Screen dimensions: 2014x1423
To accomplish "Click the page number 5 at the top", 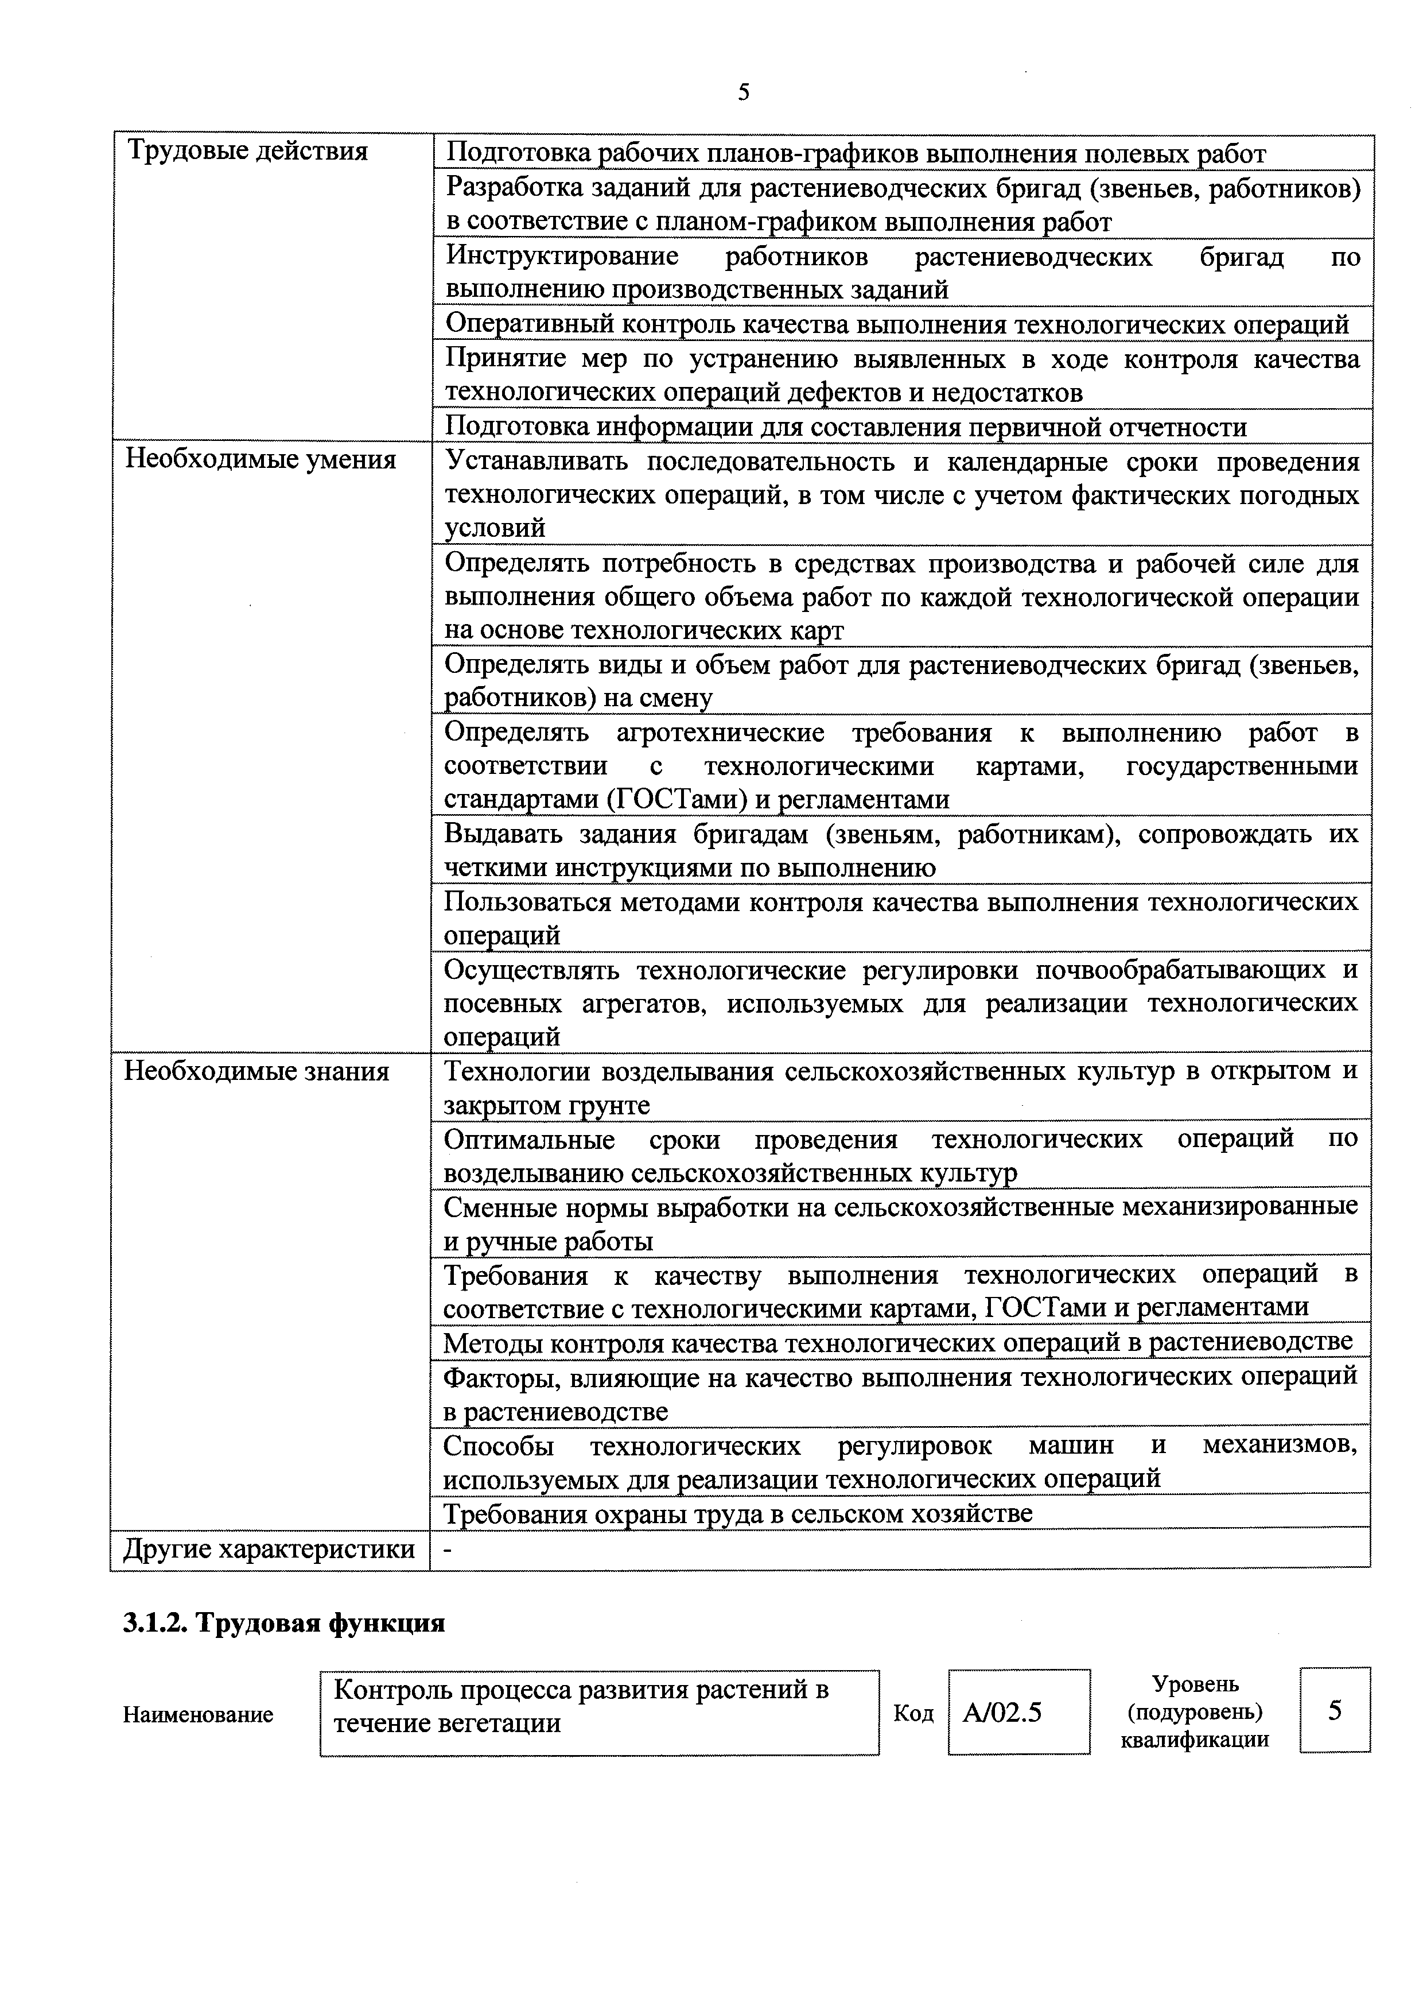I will click(744, 93).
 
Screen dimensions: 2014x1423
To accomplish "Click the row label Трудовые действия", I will click(248, 152).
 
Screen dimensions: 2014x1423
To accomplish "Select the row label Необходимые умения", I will click(261, 460).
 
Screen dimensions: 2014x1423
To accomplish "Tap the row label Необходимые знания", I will click(257, 1071).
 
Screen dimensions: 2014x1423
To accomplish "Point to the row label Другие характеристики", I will click(269, 1549).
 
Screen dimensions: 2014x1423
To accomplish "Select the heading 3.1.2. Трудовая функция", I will click(284, 1624).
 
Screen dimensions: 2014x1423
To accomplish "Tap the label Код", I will click(913, 1713).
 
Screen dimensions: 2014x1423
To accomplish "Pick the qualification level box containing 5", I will click(1335, 1710).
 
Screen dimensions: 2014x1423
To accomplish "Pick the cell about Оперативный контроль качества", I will click(896, 324).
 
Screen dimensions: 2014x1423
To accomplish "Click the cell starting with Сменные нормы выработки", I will click(900, 1223).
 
